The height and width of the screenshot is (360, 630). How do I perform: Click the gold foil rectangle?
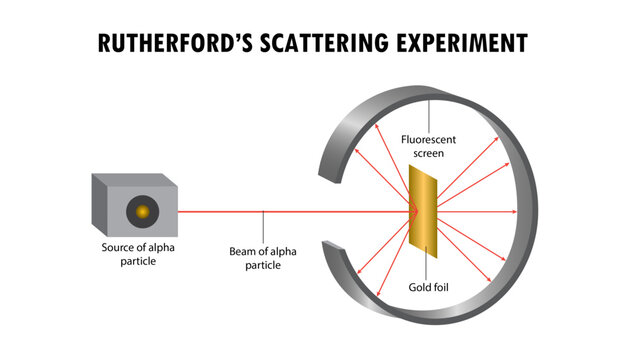click(x=423, y=211)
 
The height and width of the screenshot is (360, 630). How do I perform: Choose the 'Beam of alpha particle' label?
click(x=263, y=258)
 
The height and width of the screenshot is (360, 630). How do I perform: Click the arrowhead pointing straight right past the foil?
click(x=517, y=211)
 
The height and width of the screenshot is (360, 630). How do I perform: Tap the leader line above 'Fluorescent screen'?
click(x=430, y=115)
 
